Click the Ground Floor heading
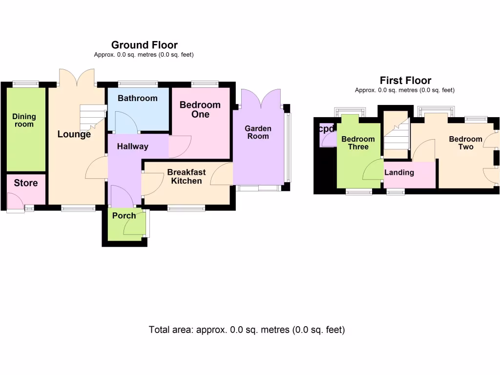pos(144,45)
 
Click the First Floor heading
pos(405,81)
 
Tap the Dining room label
pos(24,120)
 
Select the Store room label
pos(26,183)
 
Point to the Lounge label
pos(74,134)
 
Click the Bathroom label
pos(138,98)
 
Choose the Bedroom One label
pos(200,109)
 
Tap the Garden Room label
pos(258,132)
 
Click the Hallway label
pos(132,146)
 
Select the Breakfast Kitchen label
pos(187,176)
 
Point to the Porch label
pos(124,215)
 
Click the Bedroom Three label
pos(358,143)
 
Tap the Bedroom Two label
pos(465,143)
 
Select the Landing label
pos(399,172)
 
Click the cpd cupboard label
pos(326,129)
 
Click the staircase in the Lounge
pos(92,116)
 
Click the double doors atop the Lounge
pos(77,77)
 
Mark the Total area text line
pos(247,330)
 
